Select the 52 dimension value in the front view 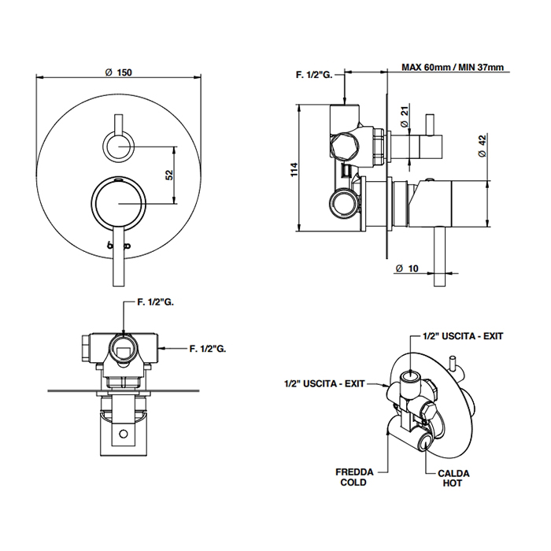coord(168,175)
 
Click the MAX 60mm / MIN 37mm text coord(451,68)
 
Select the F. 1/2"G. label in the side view coord(314,76)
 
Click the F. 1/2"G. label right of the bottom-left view coord(209,347)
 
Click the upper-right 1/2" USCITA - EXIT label coord(463,335)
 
